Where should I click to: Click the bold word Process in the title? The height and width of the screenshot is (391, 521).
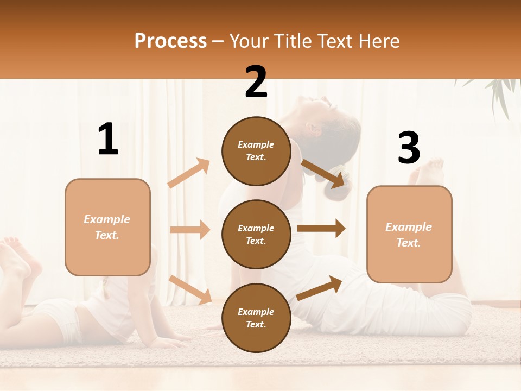pyautogui.click(x=170, y=41)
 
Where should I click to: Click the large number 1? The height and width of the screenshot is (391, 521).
pyautogui.click(x=108, y=140)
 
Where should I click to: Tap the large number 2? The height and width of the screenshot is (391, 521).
pyautogui.click(x=256, y=82)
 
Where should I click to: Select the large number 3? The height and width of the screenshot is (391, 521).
pyautogui.click(x=409, y=148)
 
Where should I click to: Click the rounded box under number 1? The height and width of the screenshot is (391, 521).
pyautogui.click(x=107, y=227)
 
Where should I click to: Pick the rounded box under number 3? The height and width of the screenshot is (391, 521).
pyautogui.click(x=409, y=234)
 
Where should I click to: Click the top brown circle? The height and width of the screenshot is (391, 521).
pyautogui.click(x=256, y=151)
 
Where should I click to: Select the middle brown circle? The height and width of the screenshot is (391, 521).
pyautogui.click(x=256, y=234)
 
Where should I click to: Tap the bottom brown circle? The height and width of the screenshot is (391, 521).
pyautogui.click(x=256, y=318)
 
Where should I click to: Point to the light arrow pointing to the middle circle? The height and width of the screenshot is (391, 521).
pyautogui.click(x=190, y=230)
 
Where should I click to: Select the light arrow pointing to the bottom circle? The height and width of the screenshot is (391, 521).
pyautogui.click(x=190, y=289)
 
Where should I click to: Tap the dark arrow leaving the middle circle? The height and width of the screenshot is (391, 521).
pyautogui.click(x=321, y=229)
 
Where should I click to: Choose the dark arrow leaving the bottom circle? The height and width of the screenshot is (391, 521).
pyautogui.click(x=319, y=288)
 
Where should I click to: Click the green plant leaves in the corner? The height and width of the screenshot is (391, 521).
pyautogui.click(x=497, y=92)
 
